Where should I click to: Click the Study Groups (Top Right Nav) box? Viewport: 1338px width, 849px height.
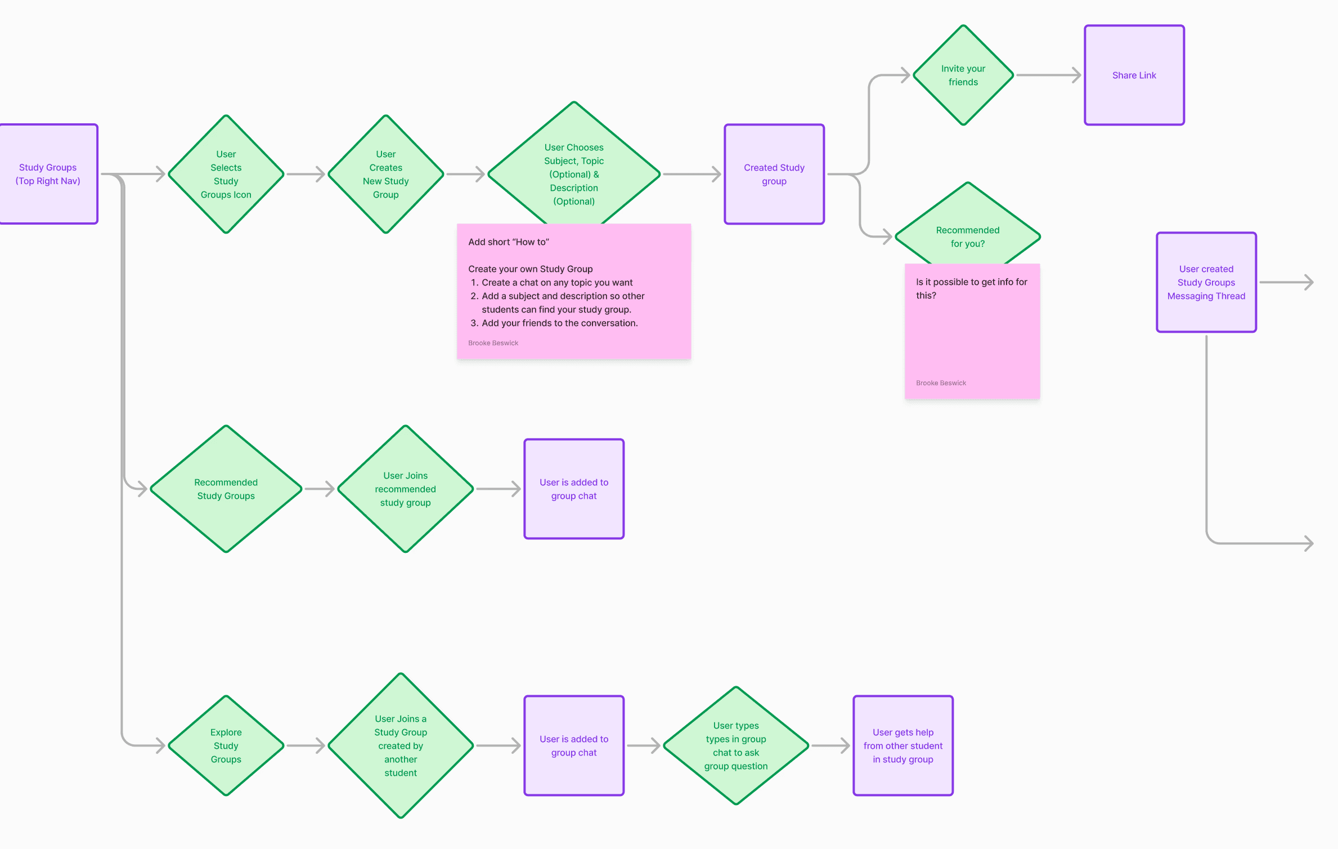click(48, 174)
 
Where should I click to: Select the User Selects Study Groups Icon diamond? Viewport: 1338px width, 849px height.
click(226, 174)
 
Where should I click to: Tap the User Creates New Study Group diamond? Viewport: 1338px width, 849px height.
click(385, 174)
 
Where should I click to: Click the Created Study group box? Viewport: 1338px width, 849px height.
click(774, 174)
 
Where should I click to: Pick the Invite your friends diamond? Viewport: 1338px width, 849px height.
click(963, 75)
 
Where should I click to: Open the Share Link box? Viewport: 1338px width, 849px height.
click(1134, 75)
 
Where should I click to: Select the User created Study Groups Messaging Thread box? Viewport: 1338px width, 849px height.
click(1206, 282)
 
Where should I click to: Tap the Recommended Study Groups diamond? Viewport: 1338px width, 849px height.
click(226, 489)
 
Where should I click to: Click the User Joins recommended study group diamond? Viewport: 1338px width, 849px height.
click(405, 489)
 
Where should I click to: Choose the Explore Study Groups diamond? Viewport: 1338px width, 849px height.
click(226, 745)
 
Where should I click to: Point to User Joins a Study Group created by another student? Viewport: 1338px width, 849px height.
click(401, 745)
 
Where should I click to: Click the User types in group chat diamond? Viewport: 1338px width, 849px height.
click(735, 745)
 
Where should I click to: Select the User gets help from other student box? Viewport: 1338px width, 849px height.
click(903, 745)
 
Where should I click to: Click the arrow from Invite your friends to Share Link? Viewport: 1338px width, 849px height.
click(1048, 75)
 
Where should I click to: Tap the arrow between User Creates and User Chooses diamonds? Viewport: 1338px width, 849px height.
click(465, 174)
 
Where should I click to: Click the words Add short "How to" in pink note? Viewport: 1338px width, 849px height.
click(508, 242)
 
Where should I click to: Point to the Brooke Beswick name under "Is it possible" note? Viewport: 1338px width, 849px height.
click(941, 383)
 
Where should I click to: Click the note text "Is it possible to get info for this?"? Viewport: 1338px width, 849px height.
click(971, 288)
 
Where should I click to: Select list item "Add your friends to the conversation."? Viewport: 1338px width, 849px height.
click(559, 323)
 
